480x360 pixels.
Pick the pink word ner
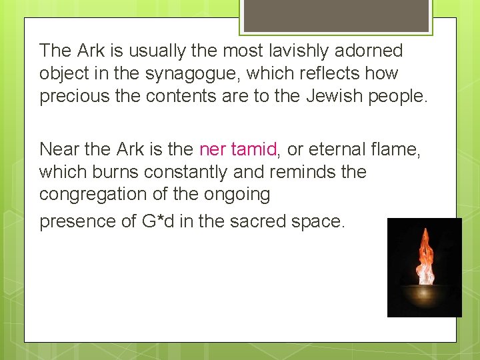point(213,149)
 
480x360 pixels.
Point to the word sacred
point(257,221)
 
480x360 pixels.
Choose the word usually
point(151,51)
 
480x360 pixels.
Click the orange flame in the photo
point(424,256)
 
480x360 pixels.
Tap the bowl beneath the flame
point(425,293)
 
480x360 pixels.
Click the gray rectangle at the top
point(335,15)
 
